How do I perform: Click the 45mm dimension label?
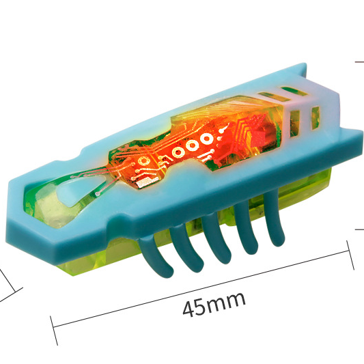pyautogui.click(x=214, y=304)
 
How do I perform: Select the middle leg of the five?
pyautogui.click(x=216, y=239)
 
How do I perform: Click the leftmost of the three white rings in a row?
pyautogui.click(x=178, y=152)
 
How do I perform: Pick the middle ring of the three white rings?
pyautogui.click(x=192, y=146)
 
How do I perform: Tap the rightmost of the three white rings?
pyautogui.click(x=206, y=139)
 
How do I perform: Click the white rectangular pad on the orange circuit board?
pyautogui.click(x=144, y=183)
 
